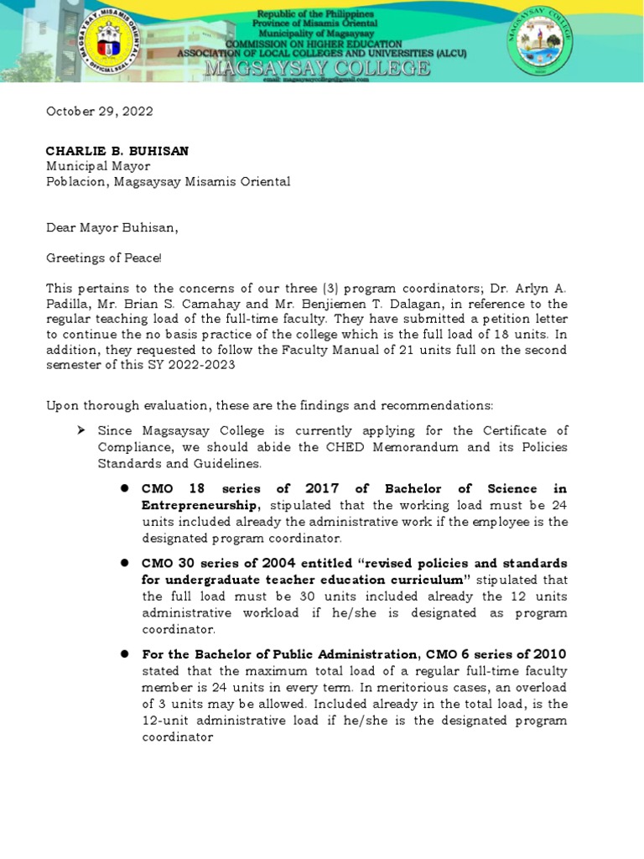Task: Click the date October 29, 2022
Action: click(99, 111)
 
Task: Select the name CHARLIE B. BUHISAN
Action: click(117, 151)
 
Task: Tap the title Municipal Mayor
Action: click(97, 166)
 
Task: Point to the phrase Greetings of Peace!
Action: click(102, 257)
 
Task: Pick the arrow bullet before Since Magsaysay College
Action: click(81, 430)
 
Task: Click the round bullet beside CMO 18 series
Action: click(123, 488)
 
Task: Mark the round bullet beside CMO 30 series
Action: click(123, 562)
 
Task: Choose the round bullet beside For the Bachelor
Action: click(123, 653)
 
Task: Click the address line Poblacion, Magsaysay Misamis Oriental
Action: click(168, 181)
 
